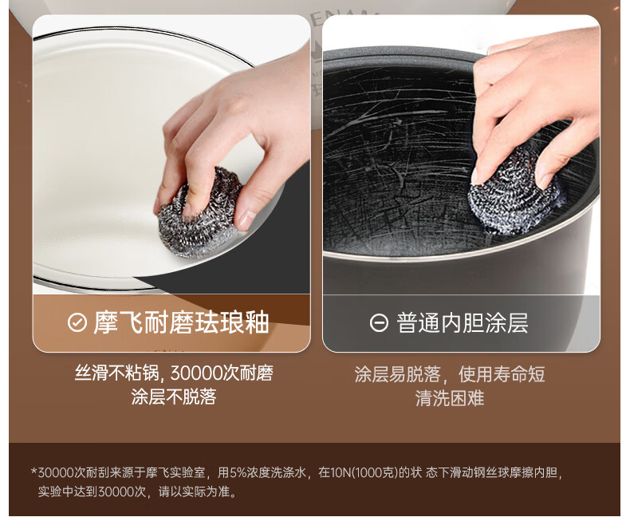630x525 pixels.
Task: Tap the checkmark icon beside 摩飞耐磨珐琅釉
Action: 77,322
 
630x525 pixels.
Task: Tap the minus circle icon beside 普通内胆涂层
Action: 379,322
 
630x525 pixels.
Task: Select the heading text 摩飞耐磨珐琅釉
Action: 181,322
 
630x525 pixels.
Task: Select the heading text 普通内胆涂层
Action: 462,323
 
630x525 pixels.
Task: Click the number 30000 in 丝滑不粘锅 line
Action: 196,373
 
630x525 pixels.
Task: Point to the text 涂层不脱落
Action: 174,397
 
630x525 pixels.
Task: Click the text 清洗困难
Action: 450,398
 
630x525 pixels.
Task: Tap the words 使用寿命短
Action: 502,374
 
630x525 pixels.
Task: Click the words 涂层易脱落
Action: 397,374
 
